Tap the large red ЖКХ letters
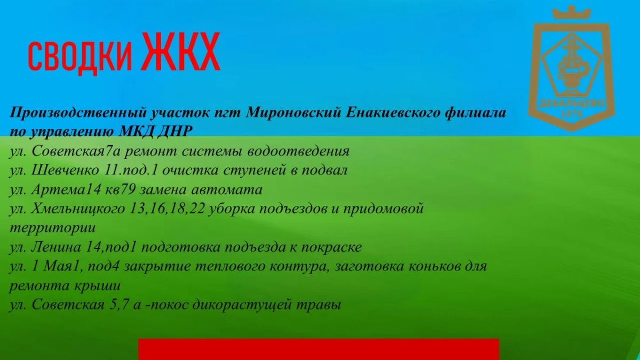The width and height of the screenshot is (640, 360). coord(181,51)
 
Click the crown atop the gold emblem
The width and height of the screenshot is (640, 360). coord(571,13)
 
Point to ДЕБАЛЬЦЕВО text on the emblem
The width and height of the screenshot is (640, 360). coord(572,103)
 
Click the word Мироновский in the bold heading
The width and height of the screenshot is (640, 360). coord(293,113)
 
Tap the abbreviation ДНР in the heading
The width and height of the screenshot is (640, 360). coord(175,132)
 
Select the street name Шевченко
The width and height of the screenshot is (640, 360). coord(65,170)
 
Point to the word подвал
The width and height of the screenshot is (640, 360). coord(324,171)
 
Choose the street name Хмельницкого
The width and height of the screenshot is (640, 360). coord(78,209)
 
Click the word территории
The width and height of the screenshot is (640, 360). coord(53,229)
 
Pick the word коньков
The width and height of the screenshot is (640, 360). coord(435,267)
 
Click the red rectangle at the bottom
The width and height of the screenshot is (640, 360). coord(318,349)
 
